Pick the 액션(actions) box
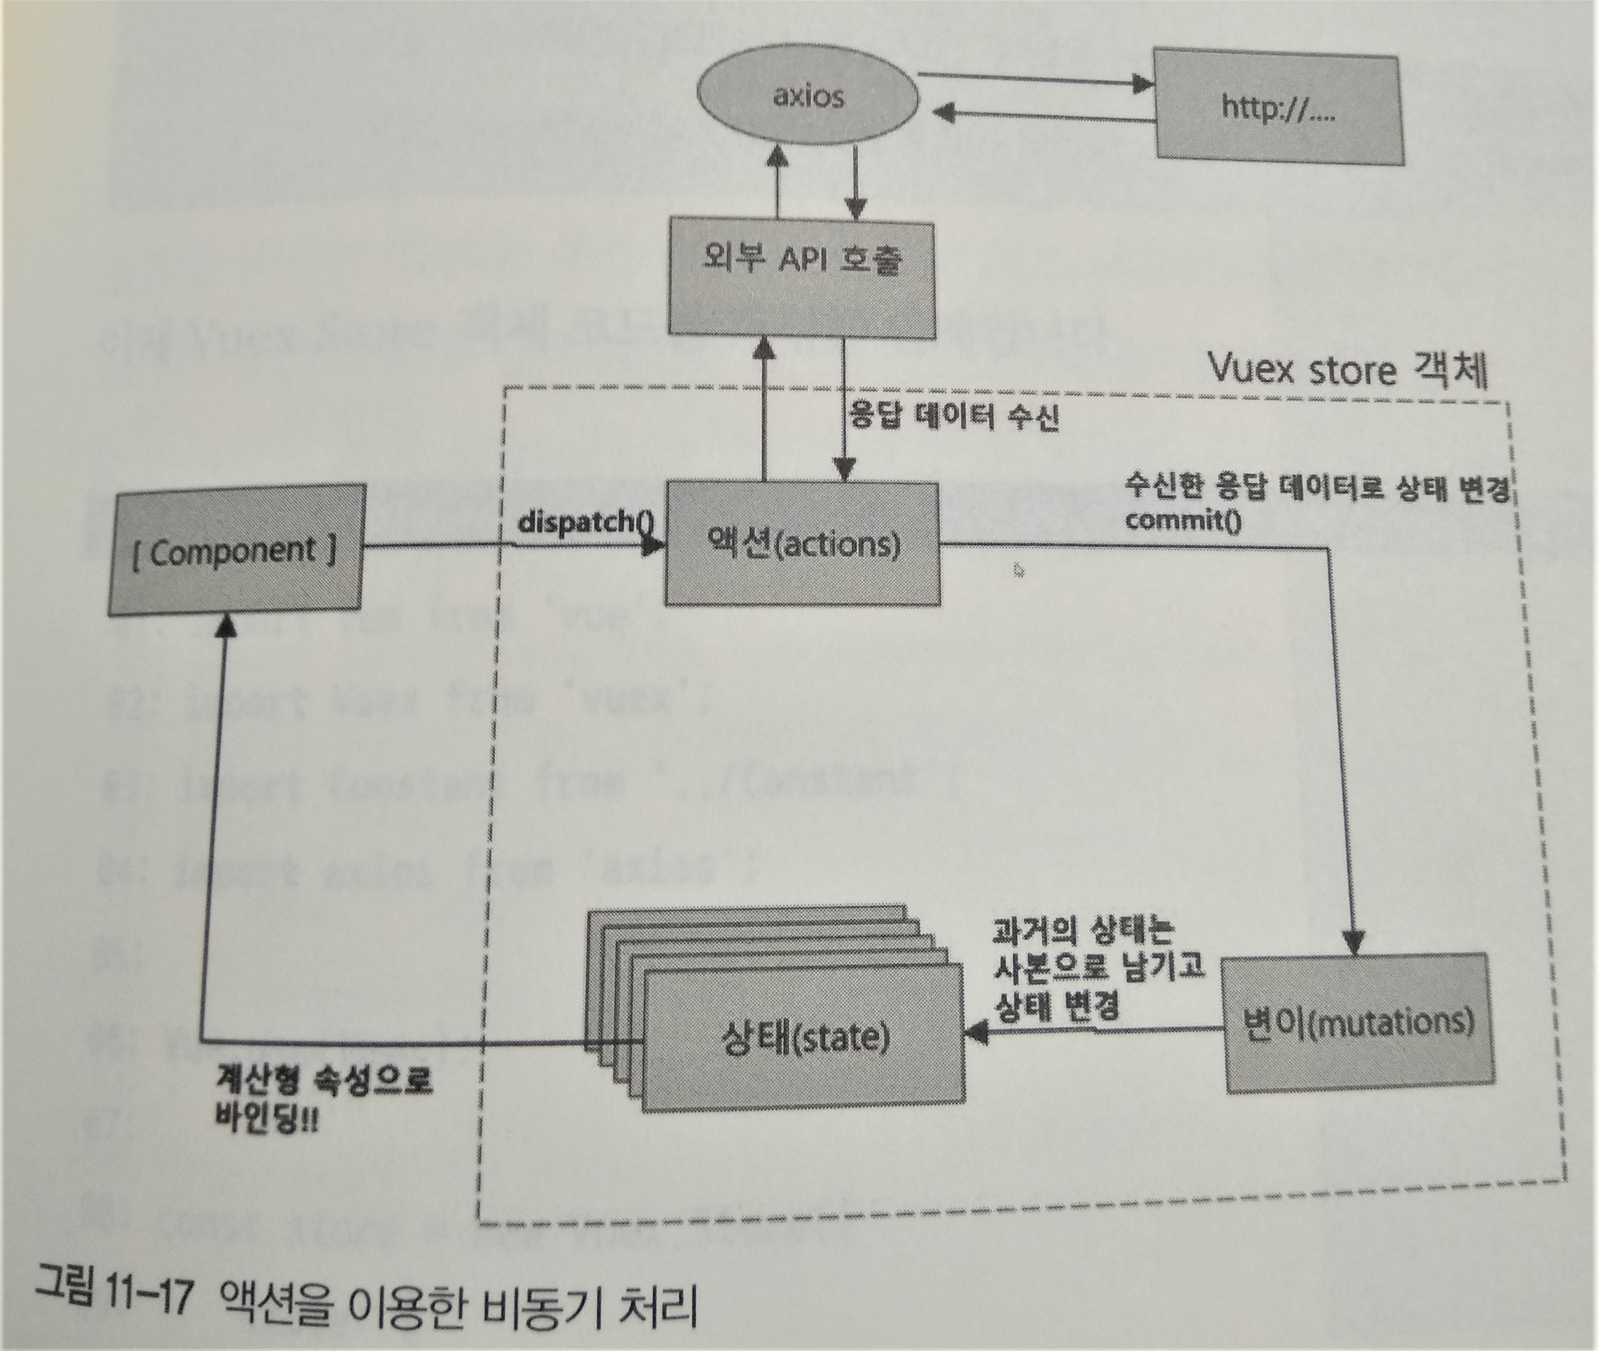tap(801, 543)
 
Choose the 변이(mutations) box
tap(1359, 1022)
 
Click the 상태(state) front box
tap(804, 1038)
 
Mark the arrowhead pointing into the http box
tap(1143, 84)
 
